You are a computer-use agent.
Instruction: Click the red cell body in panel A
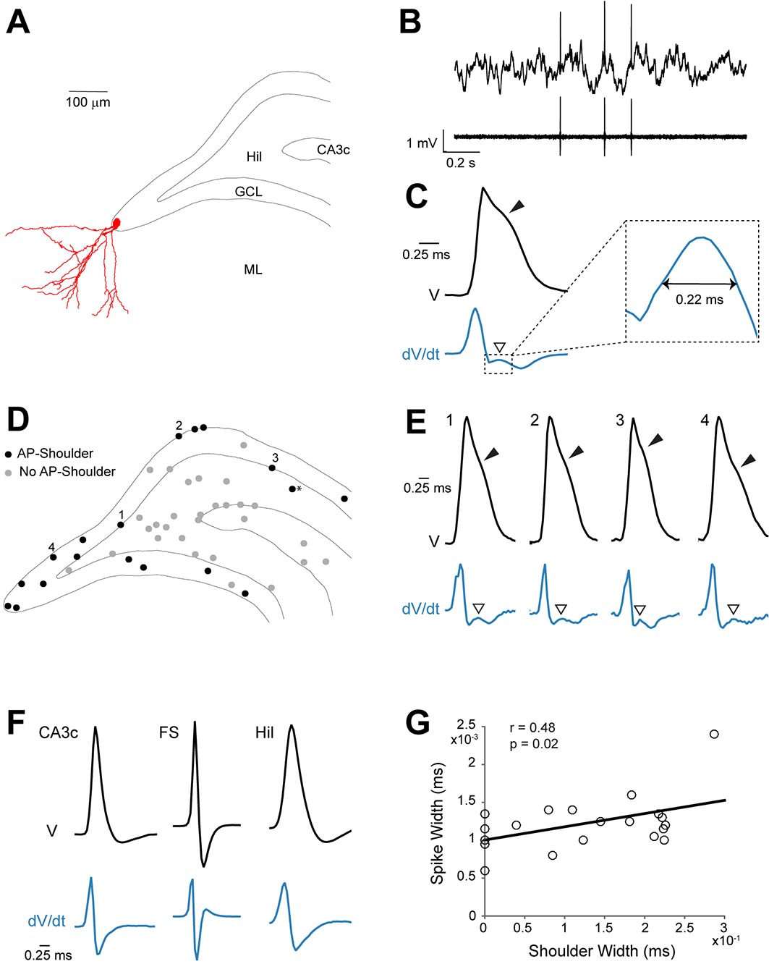[x=116, y=224]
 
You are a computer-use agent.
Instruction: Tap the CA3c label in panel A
[x=333, y=150]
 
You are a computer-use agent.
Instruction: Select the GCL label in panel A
[x=248, y=192]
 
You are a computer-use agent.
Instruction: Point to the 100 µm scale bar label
[x=88, y=103]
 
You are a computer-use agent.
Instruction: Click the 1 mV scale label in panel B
[x=421, y=143]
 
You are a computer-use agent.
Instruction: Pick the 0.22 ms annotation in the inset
[x=699, y=299]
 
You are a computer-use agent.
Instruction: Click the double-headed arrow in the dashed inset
[x=699, y=284]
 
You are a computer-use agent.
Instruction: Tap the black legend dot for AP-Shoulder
[x=9, y=454]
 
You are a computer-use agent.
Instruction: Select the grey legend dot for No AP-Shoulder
[x=9, y=472]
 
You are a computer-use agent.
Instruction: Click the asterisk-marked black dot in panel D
[x=292, y=489]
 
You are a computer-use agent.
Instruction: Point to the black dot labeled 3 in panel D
[x=272, y=468]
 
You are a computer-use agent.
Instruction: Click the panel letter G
[x=418, y=723]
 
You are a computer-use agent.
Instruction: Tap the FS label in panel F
[x=168, y=733]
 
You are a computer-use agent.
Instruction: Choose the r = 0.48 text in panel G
[x=532, y=728]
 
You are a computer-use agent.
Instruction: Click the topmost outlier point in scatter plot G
[x=714, y=734]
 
